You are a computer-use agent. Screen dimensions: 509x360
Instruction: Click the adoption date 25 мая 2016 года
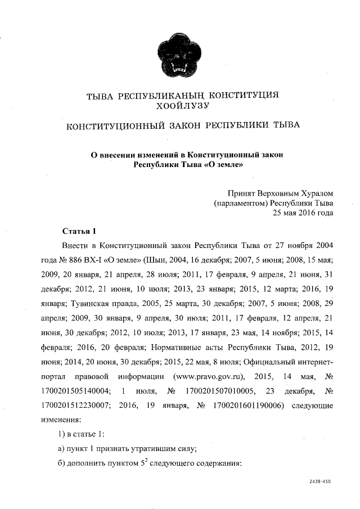(303, 213)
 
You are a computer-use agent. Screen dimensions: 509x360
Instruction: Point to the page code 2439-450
(320, 483)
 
